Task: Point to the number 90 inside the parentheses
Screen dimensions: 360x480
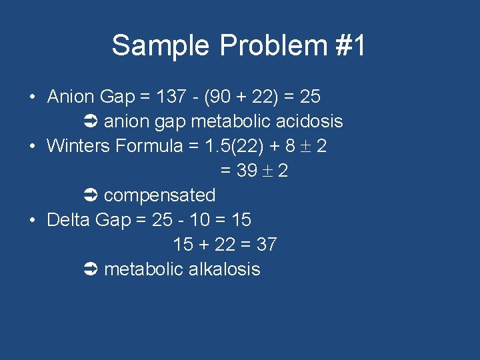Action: (219, 97)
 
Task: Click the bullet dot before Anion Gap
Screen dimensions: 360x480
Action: (33, 97)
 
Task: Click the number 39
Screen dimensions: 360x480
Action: (247, 171)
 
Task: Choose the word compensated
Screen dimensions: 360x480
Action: (160, 195)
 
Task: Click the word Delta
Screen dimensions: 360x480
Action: (69, 220)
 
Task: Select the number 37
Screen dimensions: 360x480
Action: (266, 245)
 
